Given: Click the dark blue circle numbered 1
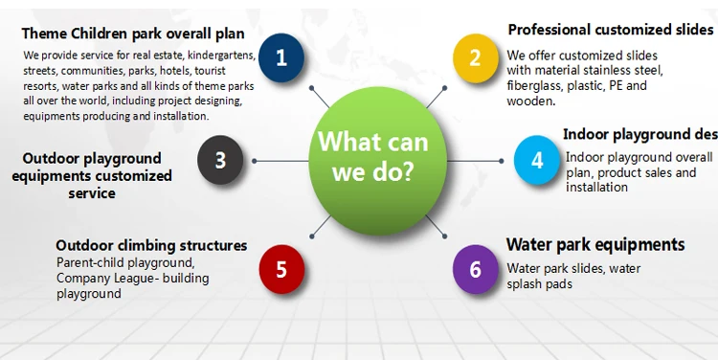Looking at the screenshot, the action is click(x=281, y=57).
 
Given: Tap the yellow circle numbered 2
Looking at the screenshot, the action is click(x=476, y=58).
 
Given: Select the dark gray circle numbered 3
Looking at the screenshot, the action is click(x=220, y=160).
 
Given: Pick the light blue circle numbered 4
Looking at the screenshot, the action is click(x=537, y=160).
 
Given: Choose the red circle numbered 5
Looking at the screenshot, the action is click(x=281, y=269).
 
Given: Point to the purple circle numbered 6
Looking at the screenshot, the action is click(x=476, y=269).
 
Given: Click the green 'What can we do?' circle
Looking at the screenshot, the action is click(x=378, y=161).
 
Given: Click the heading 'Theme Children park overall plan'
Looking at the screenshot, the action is click(x=133, y=34).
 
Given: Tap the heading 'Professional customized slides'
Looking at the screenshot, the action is click(x=611, y=30).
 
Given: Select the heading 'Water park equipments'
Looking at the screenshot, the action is click(x=595, y=244).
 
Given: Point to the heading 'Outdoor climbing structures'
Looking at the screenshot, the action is click(x=151, y=245).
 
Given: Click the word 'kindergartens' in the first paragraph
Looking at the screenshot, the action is click(x=222, y=56).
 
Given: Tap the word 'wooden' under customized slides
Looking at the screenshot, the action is click(x=530, y=101).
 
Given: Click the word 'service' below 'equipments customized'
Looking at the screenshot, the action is click(x=92, y=193).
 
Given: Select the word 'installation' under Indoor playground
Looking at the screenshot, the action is click(x=596, y=187).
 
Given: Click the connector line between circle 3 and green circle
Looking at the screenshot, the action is click(x=281, y=161).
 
